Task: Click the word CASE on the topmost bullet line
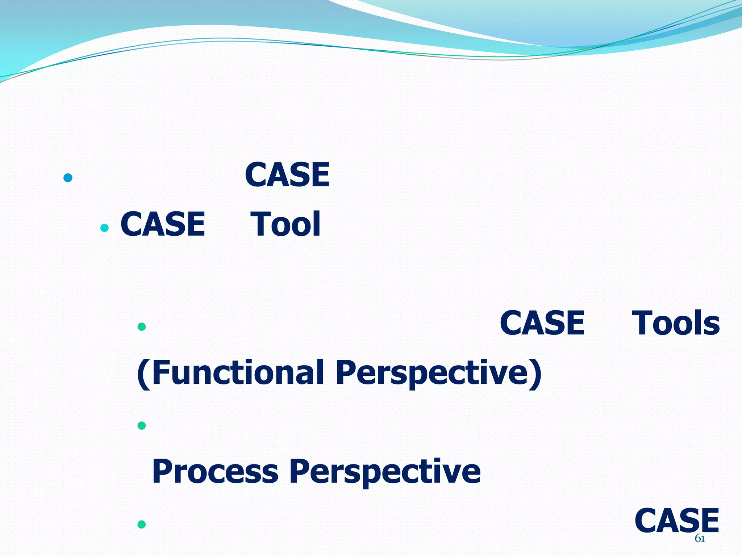287,175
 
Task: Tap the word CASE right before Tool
163,224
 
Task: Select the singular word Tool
285,224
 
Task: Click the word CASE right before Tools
542,323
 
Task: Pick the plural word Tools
676,323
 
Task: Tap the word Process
215,471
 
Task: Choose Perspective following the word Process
385,471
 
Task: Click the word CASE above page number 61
677,521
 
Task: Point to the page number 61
700,539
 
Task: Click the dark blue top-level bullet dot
68,178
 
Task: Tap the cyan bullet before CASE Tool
104,228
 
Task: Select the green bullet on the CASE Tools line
142,327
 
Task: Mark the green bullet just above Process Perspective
142,425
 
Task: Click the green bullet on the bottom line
142,524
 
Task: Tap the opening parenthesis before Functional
144,374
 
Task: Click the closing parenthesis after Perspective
535,374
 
